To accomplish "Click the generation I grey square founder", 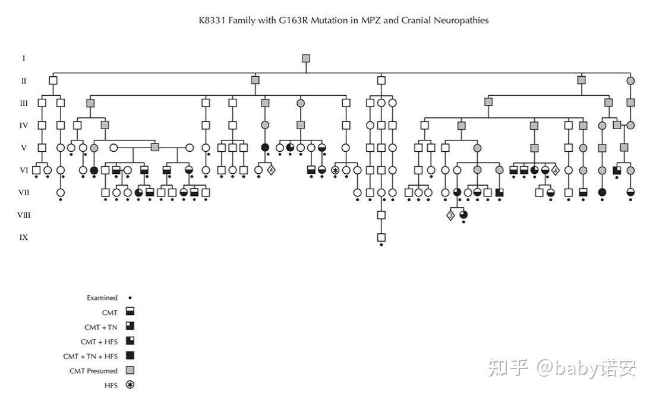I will tap(306, 58).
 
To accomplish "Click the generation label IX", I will tap(24, 237).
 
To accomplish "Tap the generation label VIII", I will tap(24, 215).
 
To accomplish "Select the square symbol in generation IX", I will tap(381, 237).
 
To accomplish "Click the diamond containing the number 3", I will tap(451, 215).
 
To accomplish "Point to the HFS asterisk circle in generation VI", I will tap(335, 170).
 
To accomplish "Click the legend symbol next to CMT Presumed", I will tap(130, 371).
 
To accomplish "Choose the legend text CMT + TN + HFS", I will tap(90, 356).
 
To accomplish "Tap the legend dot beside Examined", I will tap(130, 298).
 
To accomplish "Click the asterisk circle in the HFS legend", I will tap(130, 385).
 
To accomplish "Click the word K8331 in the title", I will tap(212, 20).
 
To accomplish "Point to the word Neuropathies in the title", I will tap(461, 20).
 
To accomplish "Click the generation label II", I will tap(24, 80).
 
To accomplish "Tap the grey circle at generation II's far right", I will tap(630, 80).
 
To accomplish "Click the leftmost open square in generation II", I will tap(53, 80).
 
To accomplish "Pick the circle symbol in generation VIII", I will tap(463, 215).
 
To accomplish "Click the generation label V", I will tap(24, 148).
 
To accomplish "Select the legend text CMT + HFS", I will tap(99, 342).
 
